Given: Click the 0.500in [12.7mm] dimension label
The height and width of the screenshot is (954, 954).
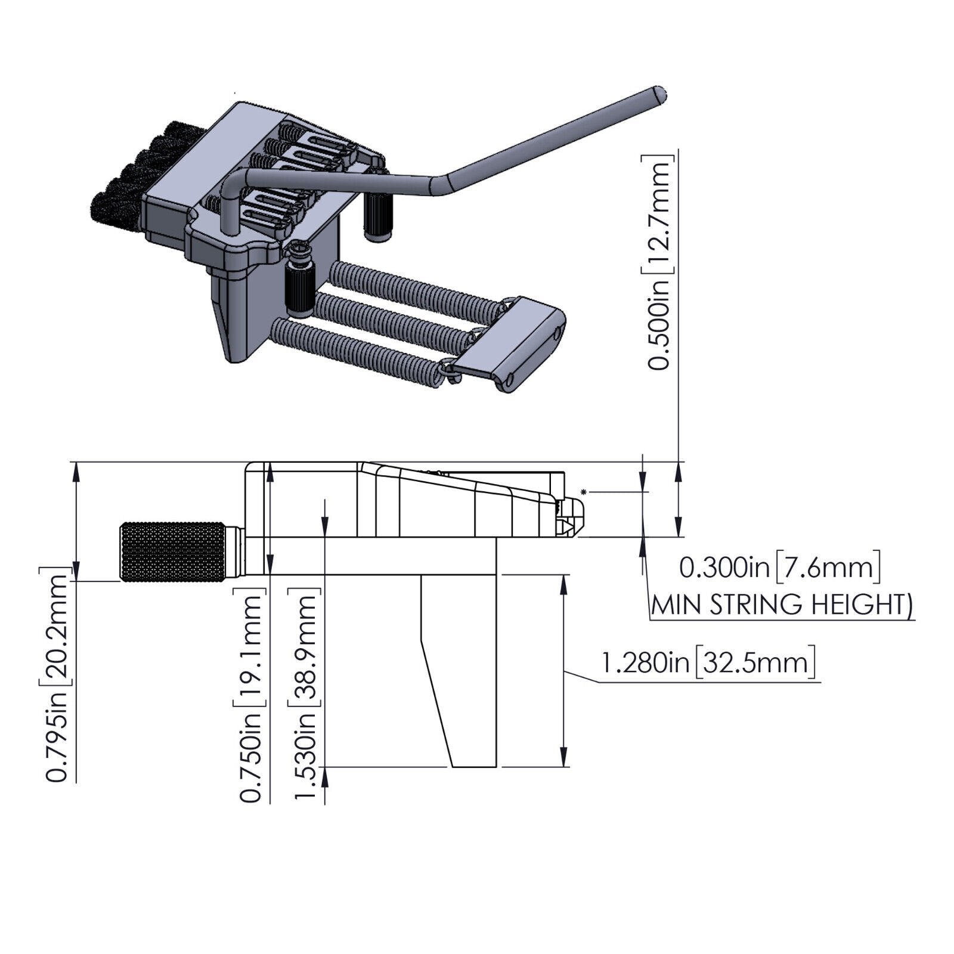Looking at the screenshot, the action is (660, 263).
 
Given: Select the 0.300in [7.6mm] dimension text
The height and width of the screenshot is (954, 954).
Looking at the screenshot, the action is (780, 568).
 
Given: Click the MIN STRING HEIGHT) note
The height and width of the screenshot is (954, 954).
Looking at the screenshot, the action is (781, 605).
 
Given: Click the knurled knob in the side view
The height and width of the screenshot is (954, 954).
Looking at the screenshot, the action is (173, 552).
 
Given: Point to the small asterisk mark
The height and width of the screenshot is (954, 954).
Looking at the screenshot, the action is (584, 491).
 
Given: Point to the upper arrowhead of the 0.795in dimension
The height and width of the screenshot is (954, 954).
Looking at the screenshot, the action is (76, 472).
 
